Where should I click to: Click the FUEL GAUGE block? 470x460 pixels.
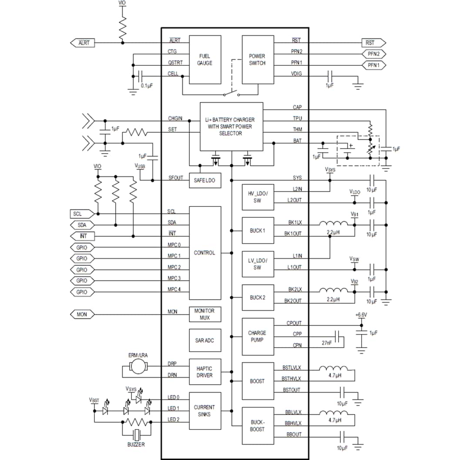pyautogui.click(x=205, y=60)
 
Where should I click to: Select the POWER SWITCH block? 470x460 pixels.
pyautogui.click(x=257, y=60)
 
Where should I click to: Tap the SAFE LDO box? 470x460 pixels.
pyautogui.click(x=205, y=180)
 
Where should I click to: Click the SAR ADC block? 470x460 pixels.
pyautogui.click(x=205, y=340)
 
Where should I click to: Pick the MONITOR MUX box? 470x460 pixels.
pyautogui.click(x=205, y=315)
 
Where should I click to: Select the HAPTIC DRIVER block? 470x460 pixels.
pyautogui.click(x=205, y=372)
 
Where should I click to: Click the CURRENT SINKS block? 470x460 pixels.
pyautogui.click(x=205, y=411)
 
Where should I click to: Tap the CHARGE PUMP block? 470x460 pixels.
pyautogui.click(x=257, y=336)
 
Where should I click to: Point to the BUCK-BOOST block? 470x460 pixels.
pyautogui.click(x=257, y=426)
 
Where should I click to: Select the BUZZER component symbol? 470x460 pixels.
pyautogui.click(x=138, y=434)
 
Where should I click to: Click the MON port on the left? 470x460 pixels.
pyautogui.click(x=82, y=314)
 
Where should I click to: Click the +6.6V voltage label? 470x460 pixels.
pyautogui.click(x=361, y=315)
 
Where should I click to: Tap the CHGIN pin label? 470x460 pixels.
pyautogui.click(x=175, y=118)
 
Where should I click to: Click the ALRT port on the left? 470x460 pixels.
pyautogui.click(x=83, y=43)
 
